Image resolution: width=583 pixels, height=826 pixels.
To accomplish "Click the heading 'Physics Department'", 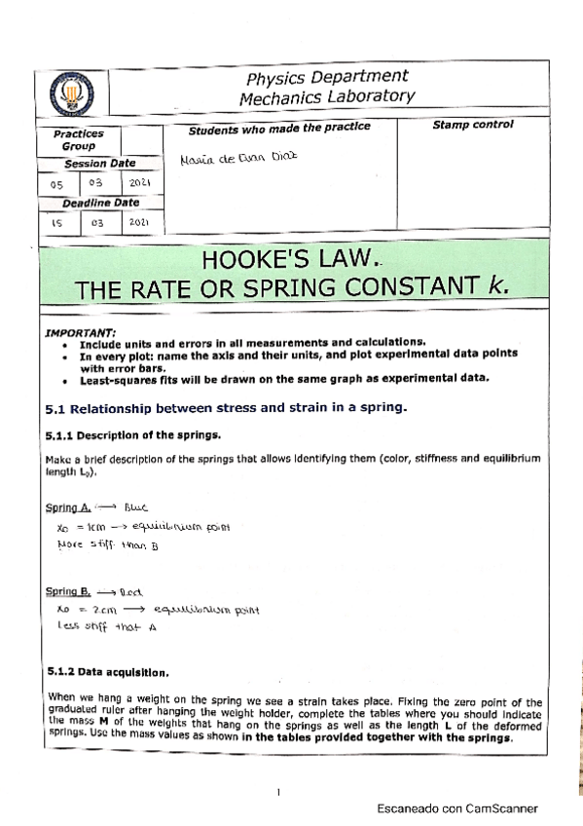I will tap(326, 77).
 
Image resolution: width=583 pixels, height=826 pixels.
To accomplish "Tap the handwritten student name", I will tap(237, 158).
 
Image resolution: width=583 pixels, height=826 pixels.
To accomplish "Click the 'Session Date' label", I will tap(100, 164).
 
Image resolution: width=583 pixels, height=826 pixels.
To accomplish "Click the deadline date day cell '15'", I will tap(57, 222).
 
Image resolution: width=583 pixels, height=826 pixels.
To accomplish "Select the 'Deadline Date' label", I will tap(100, 203).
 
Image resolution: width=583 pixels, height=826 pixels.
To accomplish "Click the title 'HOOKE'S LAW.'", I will tap(288, 260).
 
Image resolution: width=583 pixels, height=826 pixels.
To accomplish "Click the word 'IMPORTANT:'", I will tap(80, 332).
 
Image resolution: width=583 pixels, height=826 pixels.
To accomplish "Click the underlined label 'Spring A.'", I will tap(68, 507).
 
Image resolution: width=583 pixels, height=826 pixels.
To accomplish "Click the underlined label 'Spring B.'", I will tap(68, 592).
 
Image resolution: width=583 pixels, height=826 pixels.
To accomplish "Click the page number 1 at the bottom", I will tap(278, 790).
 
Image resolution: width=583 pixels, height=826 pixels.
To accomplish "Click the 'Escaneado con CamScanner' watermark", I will tap(456, 808).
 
